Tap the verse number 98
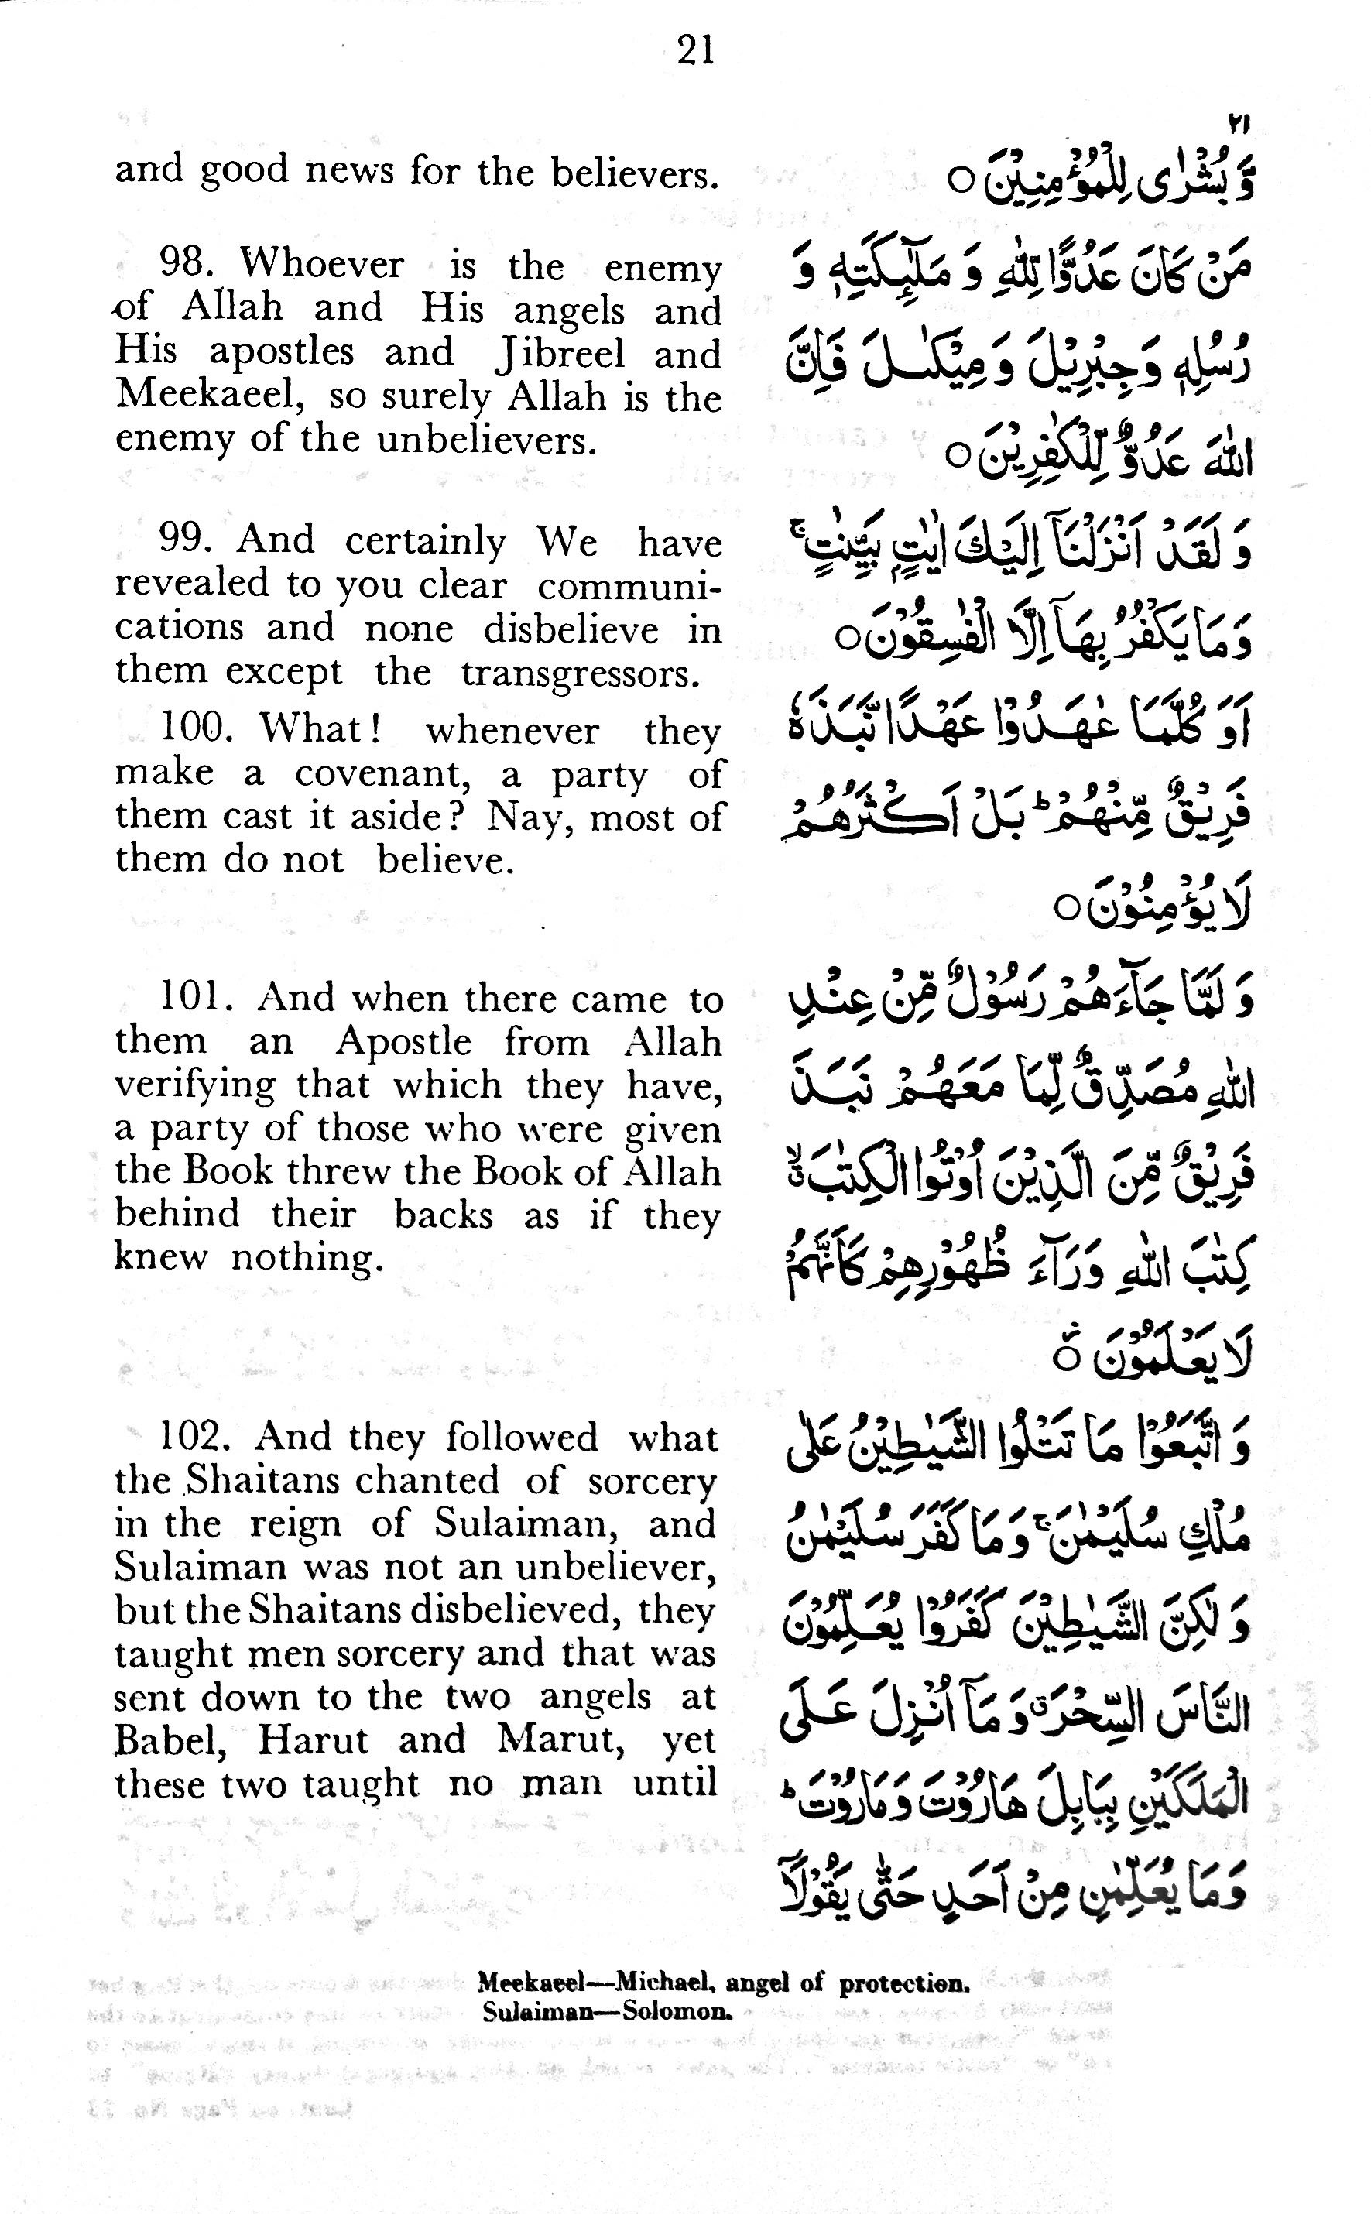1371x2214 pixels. click(185, 264)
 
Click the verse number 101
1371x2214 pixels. click(196, 998)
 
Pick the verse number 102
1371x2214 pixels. click(196, 1437)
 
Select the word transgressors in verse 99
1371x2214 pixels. click(581, 674)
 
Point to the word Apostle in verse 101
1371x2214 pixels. click(403, 1042)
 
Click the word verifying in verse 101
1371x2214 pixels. click(194, 1085)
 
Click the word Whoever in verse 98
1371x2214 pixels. click(322, 264)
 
